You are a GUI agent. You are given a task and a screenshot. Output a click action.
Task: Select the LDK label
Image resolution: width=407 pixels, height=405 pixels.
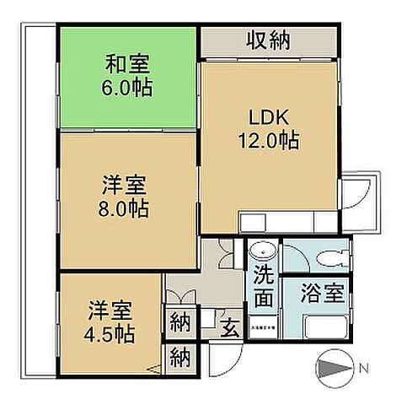click(270, 116)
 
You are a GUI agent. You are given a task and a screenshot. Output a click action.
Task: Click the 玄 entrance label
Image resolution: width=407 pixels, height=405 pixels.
click(228, 324)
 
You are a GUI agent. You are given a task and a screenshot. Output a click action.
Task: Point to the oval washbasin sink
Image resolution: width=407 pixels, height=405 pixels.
click(263, 251)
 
